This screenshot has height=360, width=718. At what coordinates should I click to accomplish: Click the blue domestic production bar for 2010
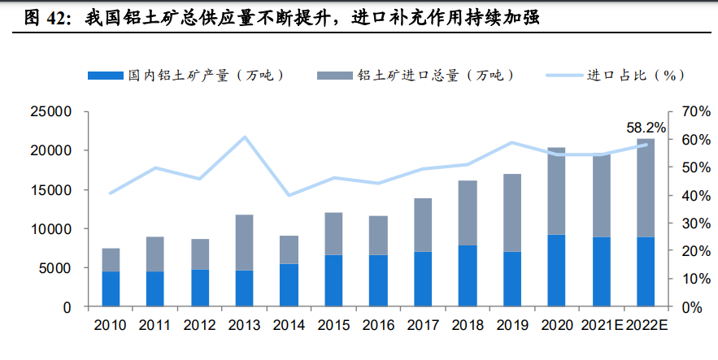(x=111, y=289)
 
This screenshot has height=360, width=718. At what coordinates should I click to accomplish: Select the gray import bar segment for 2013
(x=244, y=242)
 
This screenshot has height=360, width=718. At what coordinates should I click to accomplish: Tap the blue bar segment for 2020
(x=556, y=271)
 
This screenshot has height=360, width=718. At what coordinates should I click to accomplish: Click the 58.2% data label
(x=646, y=128)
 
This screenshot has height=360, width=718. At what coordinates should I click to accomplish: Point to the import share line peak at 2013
(x=245, y=137)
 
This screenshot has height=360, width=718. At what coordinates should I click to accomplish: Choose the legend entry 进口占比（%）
(x=635, y=75)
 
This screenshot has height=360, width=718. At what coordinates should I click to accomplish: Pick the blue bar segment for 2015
(x=333, y=281)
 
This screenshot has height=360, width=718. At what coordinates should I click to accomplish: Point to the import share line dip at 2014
(x=289, y=195)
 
